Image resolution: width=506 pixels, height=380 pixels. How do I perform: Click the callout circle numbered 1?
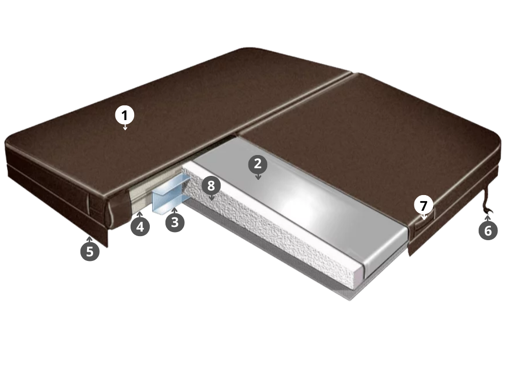click(125, 116)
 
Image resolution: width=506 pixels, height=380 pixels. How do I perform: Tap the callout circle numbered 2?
click(258, 164)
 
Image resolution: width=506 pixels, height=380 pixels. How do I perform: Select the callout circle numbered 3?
click(175, 222)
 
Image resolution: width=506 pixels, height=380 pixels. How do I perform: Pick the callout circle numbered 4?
click(140, 226)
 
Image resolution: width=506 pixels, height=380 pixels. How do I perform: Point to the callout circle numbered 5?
click(90, 251)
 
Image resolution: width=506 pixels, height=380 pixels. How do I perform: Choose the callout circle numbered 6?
click(488, 231)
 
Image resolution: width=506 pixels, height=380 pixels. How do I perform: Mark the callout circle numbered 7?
click(424, 206)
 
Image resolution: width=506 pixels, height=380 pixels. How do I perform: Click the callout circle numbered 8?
click(211, 186)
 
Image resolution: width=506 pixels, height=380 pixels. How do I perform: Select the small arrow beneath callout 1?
click(125, 127)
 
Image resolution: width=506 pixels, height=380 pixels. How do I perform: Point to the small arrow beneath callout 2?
click(258, 176)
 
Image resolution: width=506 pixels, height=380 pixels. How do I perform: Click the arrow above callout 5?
click(90, 239)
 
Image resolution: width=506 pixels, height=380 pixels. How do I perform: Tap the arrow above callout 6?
click(488, 218)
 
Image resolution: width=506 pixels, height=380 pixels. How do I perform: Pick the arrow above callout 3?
click(175, 210)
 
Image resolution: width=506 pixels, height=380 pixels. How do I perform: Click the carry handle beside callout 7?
click(424, 223)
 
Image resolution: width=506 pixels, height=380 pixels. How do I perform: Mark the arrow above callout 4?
click(140, 214)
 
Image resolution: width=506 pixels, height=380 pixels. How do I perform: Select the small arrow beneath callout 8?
click(212, 198)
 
